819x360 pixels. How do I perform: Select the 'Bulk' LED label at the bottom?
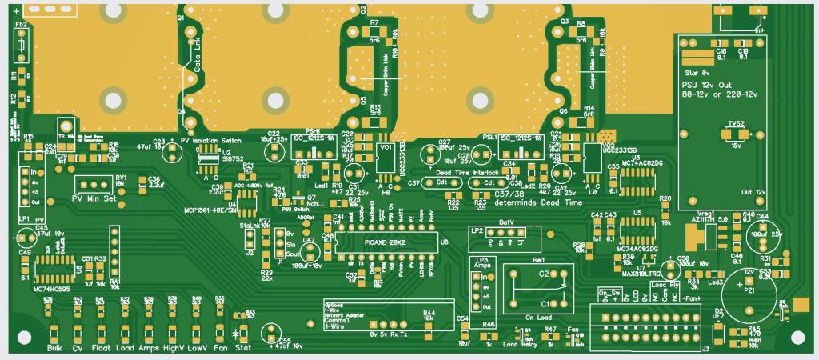pyautogui.click(x=55, y=348)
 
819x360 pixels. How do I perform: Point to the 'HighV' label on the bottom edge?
pyautogui.click(x=173, y=348)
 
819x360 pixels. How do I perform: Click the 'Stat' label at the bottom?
pyautogui.click(x=243, y=348)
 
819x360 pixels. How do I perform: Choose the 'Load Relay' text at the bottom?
pyautogui.click(x=521, y=345)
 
